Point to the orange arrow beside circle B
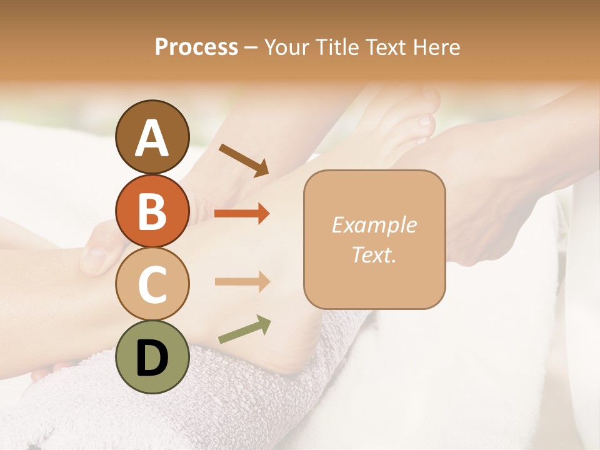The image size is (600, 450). pyautogui.click(x=242, y=214)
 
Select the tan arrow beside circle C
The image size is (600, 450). pyautogui.click(x=242, y=281)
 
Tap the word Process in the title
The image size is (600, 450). pyautogui.click(x=196, y=47)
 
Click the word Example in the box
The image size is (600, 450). pyautogui.click(x=374, y=225)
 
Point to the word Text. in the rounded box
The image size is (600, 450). pyautogui.click(x=374, y=254)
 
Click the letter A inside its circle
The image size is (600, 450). pyautogui.click(x=152, y=138)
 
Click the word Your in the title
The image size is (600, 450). pyautogui.click(x=287, y=47)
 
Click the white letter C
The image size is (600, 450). pyautogui.click(x=152, y=284)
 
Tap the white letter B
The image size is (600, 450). pyautogui.click(x=152, y=211)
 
